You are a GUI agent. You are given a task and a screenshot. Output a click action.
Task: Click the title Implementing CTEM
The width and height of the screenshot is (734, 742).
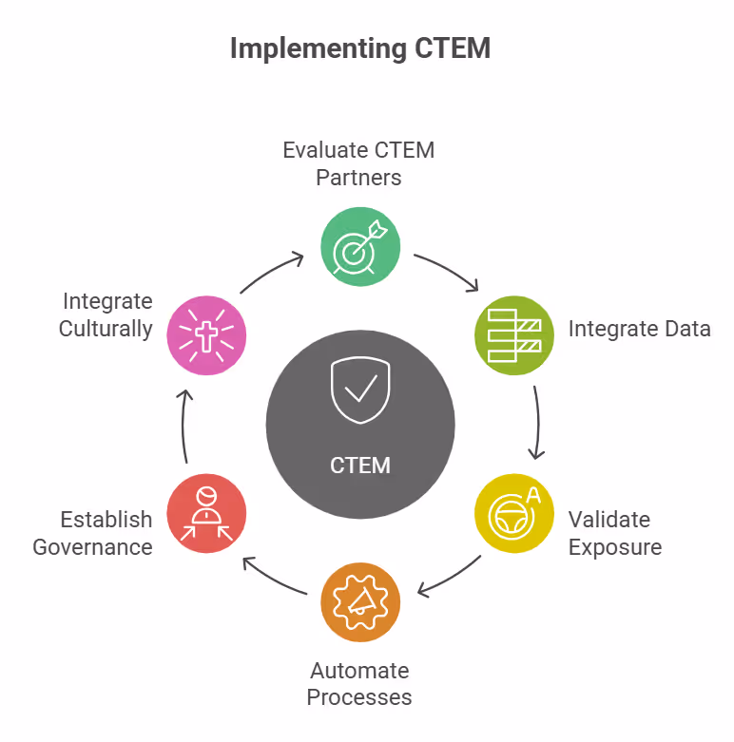pyautogui.click(x=360, y=48)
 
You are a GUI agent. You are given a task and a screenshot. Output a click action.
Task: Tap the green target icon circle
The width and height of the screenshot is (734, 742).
pyautogui.click(x=360, y=246)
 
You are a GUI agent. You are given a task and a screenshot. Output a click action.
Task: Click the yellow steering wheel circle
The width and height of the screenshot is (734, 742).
pyautogui.click(x=514, y=514)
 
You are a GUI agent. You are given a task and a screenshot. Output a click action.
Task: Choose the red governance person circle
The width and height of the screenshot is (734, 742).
pyautogui.click(x=206, y=514)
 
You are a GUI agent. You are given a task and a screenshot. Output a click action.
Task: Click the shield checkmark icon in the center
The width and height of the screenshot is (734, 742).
pyautogui.click(x=360, y=390)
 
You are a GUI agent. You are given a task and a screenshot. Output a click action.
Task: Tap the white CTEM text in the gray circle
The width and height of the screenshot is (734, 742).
pyautogui.click(x=360, y=466)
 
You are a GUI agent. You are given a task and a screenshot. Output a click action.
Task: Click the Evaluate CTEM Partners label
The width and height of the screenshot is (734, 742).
pyautogui.click(x=358, y=163)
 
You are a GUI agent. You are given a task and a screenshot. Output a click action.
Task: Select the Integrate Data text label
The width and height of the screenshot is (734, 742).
pyautogui.click(x=640, y=329)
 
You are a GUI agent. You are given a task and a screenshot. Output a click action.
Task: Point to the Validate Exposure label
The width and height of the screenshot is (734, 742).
pyautogui.click(x=615, y=533)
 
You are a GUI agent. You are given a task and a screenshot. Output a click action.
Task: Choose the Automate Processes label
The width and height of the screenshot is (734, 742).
pyautogui.click(x=359, y=684)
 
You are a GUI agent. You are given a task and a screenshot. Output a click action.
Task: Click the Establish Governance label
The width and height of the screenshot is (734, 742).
pyautogui.click(x=93, y=533)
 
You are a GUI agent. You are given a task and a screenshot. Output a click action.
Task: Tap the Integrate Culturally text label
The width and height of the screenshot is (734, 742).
pyautogui.click(x=106, y=314)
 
